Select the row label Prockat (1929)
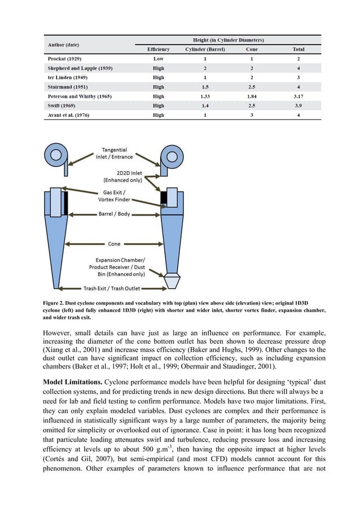click(60, 59)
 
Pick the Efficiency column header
click(159, 49)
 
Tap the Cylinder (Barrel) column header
click(205, 49)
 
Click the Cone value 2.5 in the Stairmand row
click(251, 87)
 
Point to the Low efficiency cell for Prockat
click(159, 59)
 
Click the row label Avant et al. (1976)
click(67, 115)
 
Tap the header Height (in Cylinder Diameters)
click(227, 40)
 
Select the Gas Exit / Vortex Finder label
click(115, 196)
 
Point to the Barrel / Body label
click(115, 214)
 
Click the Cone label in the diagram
click(115, 244)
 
